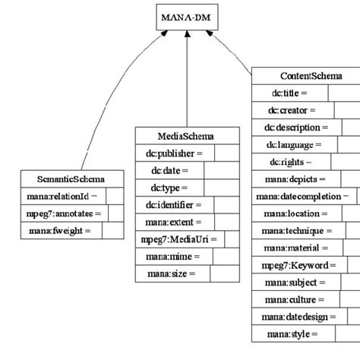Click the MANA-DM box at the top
coord(186,16)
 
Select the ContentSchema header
coord(311,76)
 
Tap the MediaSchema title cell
coord(185,136)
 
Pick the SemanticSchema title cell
coord(71,180)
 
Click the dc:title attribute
coord(289,93)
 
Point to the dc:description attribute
coord(296,128)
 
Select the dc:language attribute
coord(292,144)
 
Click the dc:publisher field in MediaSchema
coord(175,153)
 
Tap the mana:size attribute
coord(172,273)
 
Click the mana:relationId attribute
coord(62,196)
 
